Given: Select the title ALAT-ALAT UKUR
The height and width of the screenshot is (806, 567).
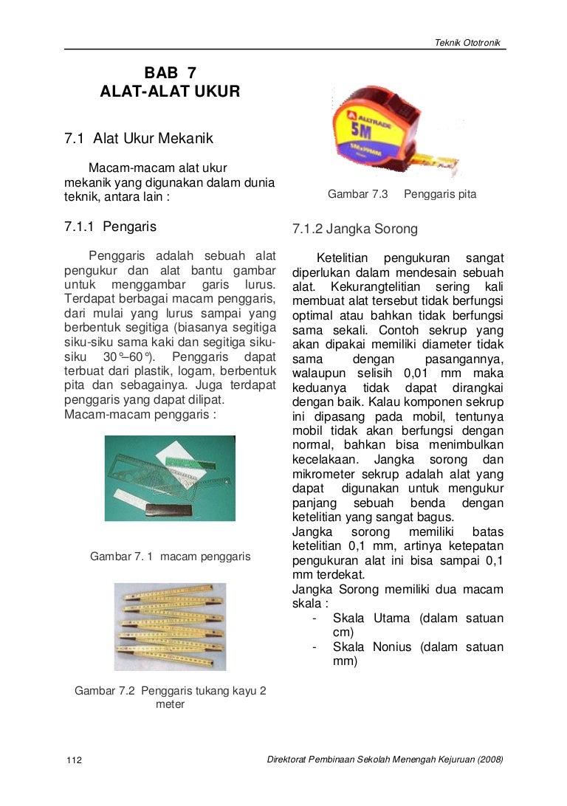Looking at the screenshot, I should (x=170, y=92).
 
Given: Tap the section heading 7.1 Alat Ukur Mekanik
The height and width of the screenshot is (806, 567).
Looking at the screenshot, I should (x=139, y=138).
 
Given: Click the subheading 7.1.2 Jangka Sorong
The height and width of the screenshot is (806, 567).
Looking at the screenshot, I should (x=355, y=229).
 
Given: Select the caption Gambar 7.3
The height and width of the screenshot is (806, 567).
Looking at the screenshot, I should (x=358, y=194).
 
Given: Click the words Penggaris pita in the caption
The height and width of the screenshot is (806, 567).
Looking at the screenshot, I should (x=440, y=194).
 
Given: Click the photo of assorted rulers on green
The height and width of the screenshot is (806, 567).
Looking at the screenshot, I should (x=170, y=478).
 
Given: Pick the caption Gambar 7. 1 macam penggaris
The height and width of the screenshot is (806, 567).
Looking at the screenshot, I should (x=170, y=556).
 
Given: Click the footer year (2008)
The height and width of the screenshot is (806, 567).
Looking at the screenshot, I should (x=490, y=760).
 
